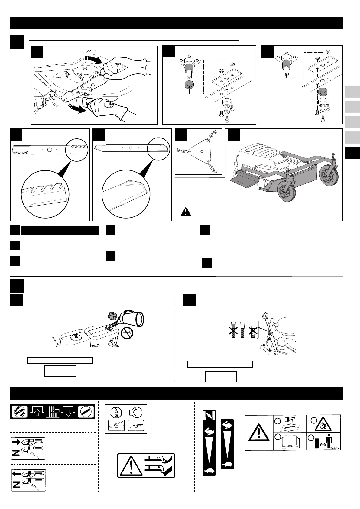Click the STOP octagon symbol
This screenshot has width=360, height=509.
[x=117, y=412]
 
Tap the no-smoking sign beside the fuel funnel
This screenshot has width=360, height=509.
[x=127, y=334]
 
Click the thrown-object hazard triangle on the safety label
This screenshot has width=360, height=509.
[x=324, y=424]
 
